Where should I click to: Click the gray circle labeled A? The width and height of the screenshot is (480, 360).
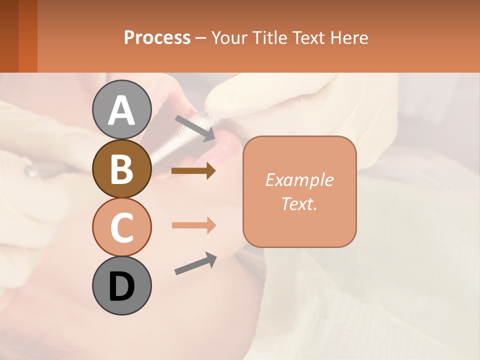tap(121, 109)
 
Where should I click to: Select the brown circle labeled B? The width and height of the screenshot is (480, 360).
tap(121, 168)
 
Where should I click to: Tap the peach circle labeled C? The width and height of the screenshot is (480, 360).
tap(121, 226)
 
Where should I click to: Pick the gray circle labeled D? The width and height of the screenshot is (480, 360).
tap(121, 285)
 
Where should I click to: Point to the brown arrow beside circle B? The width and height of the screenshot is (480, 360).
tap(193, 171)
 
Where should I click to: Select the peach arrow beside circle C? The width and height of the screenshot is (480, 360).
tap(193, 225)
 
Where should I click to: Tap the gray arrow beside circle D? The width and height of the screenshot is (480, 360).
tap(195, 264)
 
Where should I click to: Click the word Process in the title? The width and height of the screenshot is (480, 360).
tap(157, 38)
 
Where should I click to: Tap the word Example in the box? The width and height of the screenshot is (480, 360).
tap(299, 180)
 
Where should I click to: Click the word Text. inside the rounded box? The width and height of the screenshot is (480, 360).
tap(299, 203)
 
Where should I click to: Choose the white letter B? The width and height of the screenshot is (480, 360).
tap(121, 168)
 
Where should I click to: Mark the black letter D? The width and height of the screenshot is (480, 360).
tap(121, 286)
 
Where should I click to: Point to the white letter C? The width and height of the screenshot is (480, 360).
tap(121, 227)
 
